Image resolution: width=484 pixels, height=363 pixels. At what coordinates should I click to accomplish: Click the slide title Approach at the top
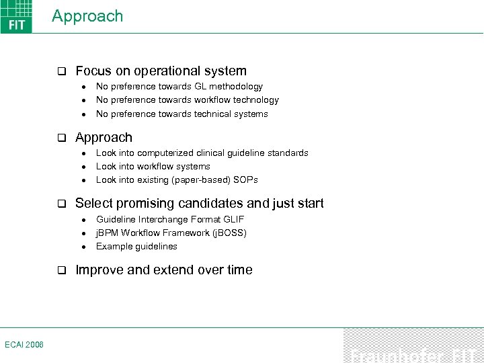[x=87, y=16]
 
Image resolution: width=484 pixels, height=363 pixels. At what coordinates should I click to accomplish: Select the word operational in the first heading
[x=152, y=71]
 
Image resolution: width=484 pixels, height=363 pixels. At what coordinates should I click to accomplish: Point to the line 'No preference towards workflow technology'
[x=187, y=99]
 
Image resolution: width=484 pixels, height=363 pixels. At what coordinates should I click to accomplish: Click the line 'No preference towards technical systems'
[x=182, y=114]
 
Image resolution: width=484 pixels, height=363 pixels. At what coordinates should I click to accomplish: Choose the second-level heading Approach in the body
[x=104, y=137]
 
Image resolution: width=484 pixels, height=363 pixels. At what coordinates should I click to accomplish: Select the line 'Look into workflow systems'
[x=153, y=166]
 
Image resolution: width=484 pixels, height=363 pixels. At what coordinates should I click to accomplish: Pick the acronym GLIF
[x=233, y=219]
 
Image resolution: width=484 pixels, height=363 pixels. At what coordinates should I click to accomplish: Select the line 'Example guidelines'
[x=136, y=246]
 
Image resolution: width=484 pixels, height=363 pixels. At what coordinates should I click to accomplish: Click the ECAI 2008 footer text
[x=24, y=344]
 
